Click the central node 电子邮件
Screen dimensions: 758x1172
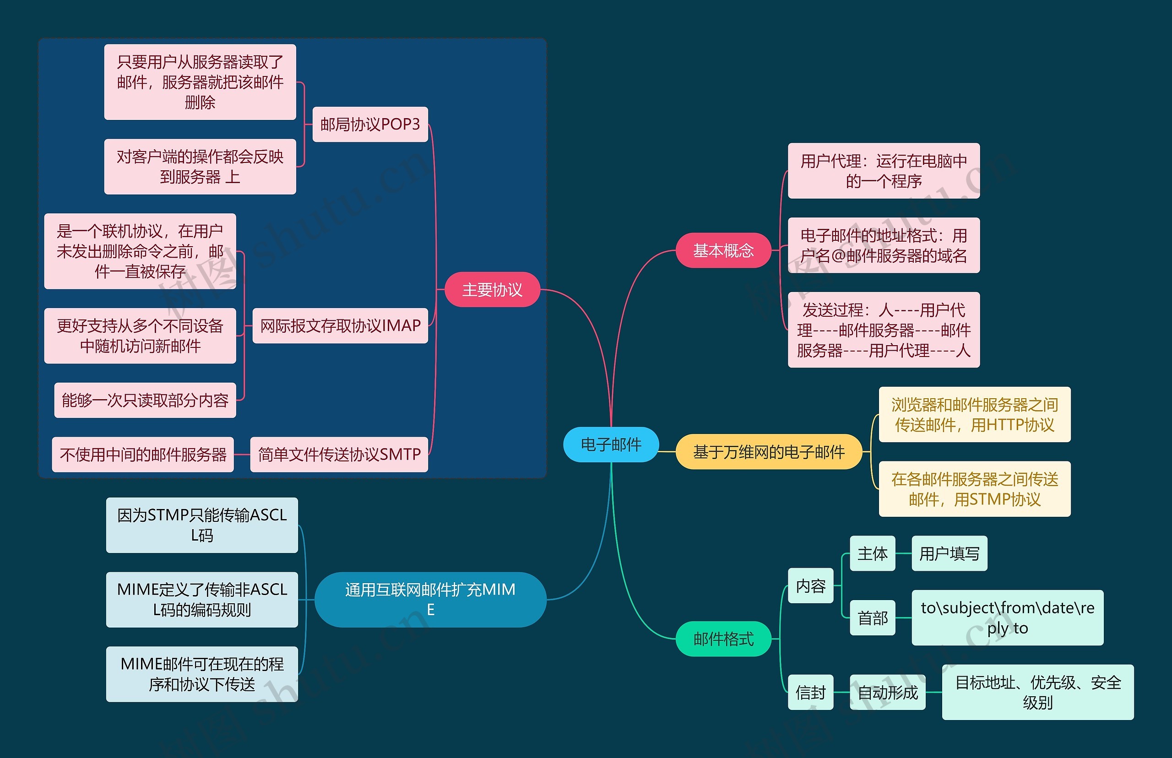click(610, 444)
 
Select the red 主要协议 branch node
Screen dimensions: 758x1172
click(492, 289)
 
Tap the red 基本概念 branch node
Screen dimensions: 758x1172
click(722, 250)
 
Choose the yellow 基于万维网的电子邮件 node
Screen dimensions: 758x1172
click(768, 451)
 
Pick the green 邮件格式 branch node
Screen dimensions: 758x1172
click(722, 639)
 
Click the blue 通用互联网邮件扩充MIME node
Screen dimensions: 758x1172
click(430, 599)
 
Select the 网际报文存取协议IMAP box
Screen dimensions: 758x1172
click(340, 325)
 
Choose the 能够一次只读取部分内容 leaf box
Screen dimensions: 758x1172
click(145, 400)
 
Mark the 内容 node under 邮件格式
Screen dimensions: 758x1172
click(810, 586)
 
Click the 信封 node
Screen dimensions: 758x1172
click(810, 692)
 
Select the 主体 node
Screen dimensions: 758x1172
click(872, 553)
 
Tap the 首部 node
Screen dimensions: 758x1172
click(872, 618)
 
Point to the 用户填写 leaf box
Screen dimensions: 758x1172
click(949, 553)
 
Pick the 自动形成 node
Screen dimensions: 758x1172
click(888, 692)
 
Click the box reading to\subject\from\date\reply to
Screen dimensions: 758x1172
click(1007, 618)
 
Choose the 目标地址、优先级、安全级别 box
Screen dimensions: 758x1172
click(1037, 692)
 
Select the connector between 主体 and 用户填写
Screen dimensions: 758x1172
click(903, 553)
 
